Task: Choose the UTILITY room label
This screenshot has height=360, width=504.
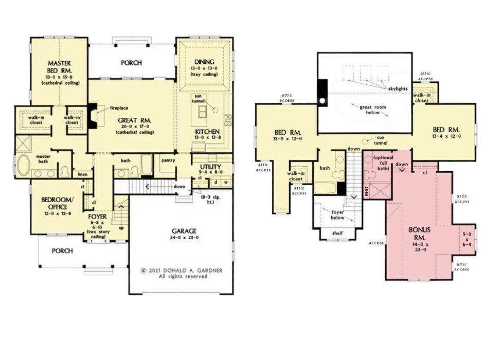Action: coord(210,167)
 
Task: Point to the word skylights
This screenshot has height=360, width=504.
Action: coord(398,89)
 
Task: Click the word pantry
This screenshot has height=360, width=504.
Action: coord(168,160)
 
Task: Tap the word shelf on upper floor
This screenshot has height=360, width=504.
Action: coord(337,233)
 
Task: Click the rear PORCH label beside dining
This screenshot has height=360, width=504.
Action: coord(131,63)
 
